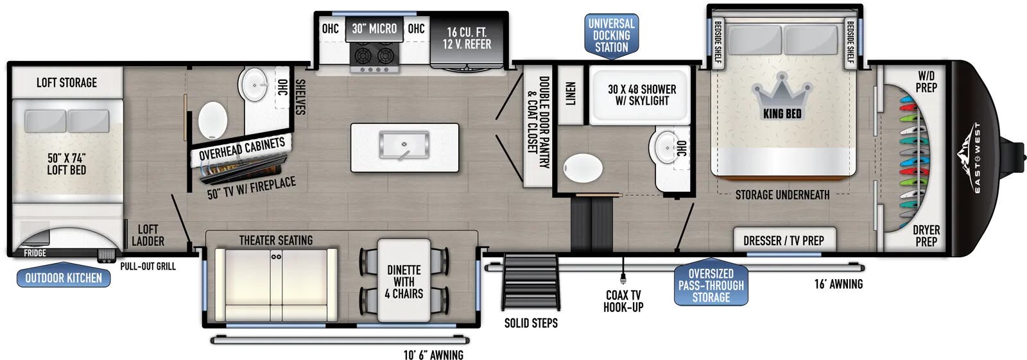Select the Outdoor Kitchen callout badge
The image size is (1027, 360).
pyautogui.click(x=64, y=277)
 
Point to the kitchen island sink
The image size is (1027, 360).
pyautogui.click(x=404, y=146)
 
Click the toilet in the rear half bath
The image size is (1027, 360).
pyautogui.click(x=212, y=120)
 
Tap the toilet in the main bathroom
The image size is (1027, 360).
pyautogui.click(x=582, y=168)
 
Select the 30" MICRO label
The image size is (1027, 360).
pyautogui.click(x=374, y=29)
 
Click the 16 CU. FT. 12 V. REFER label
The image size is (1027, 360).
pyautogui.click(x=467, y=38)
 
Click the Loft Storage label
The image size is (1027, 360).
pyautogui.click(x=67, y=83)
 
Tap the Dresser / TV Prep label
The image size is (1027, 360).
pyautogui.click(x=784, y=240)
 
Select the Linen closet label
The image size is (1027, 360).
pyautogui.click(x=570, y=94)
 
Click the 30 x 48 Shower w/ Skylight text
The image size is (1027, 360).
pyautogui.click(x=642, y=95)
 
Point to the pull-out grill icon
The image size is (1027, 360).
pyautogui.click(x=107, y=255)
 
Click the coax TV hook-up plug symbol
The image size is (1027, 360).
pyautogui.click(x=623, y=277)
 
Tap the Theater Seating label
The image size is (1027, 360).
pyautogui.click(x=276, y=240)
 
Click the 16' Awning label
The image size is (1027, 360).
pyautogui.click(x=838, y=284)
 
